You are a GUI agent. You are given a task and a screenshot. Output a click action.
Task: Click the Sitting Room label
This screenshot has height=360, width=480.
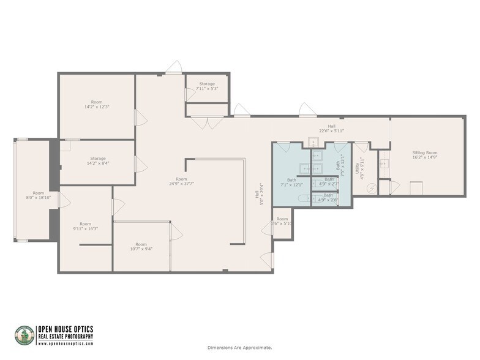click(x=424, y=155)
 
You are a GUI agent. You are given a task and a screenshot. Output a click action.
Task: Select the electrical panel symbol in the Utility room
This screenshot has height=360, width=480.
click(x=370, y=189)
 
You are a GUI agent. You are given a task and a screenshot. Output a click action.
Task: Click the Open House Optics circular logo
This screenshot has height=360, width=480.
click(x=24, y=335)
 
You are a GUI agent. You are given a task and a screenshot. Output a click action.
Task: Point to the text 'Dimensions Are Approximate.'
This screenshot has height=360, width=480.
click(x=239, y=348)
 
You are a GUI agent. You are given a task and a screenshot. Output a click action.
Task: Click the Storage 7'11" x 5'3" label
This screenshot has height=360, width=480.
click(x=207, y=86)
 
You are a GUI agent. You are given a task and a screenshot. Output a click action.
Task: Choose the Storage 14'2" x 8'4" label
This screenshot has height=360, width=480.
click(x=97, y=161)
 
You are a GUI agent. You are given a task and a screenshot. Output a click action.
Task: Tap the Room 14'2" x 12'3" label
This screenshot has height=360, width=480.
click(x=97, y=105)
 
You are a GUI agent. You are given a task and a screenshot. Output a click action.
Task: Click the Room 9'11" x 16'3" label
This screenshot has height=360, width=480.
click(x=85, y=227)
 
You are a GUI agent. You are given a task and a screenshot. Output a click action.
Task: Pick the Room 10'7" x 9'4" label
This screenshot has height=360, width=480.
click(x=141, y=247)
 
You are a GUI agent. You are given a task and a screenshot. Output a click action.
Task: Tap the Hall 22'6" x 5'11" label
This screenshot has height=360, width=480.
click(x=331, y=129)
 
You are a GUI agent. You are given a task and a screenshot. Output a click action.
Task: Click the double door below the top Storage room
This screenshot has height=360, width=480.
click(x=207, y=122)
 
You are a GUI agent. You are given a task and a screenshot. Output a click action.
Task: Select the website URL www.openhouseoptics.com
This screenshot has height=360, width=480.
click(x=65, y=343)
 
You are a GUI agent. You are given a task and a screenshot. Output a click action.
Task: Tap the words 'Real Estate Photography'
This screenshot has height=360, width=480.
click(x=66, y=336)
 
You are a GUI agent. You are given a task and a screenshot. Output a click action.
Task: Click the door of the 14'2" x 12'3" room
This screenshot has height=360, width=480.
click(x=140, y=118)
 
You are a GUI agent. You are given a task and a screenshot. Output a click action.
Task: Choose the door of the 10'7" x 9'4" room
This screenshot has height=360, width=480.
click(x=176, y=231)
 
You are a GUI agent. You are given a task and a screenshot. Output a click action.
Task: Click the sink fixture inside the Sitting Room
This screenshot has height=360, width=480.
click(x=384, y=163)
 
